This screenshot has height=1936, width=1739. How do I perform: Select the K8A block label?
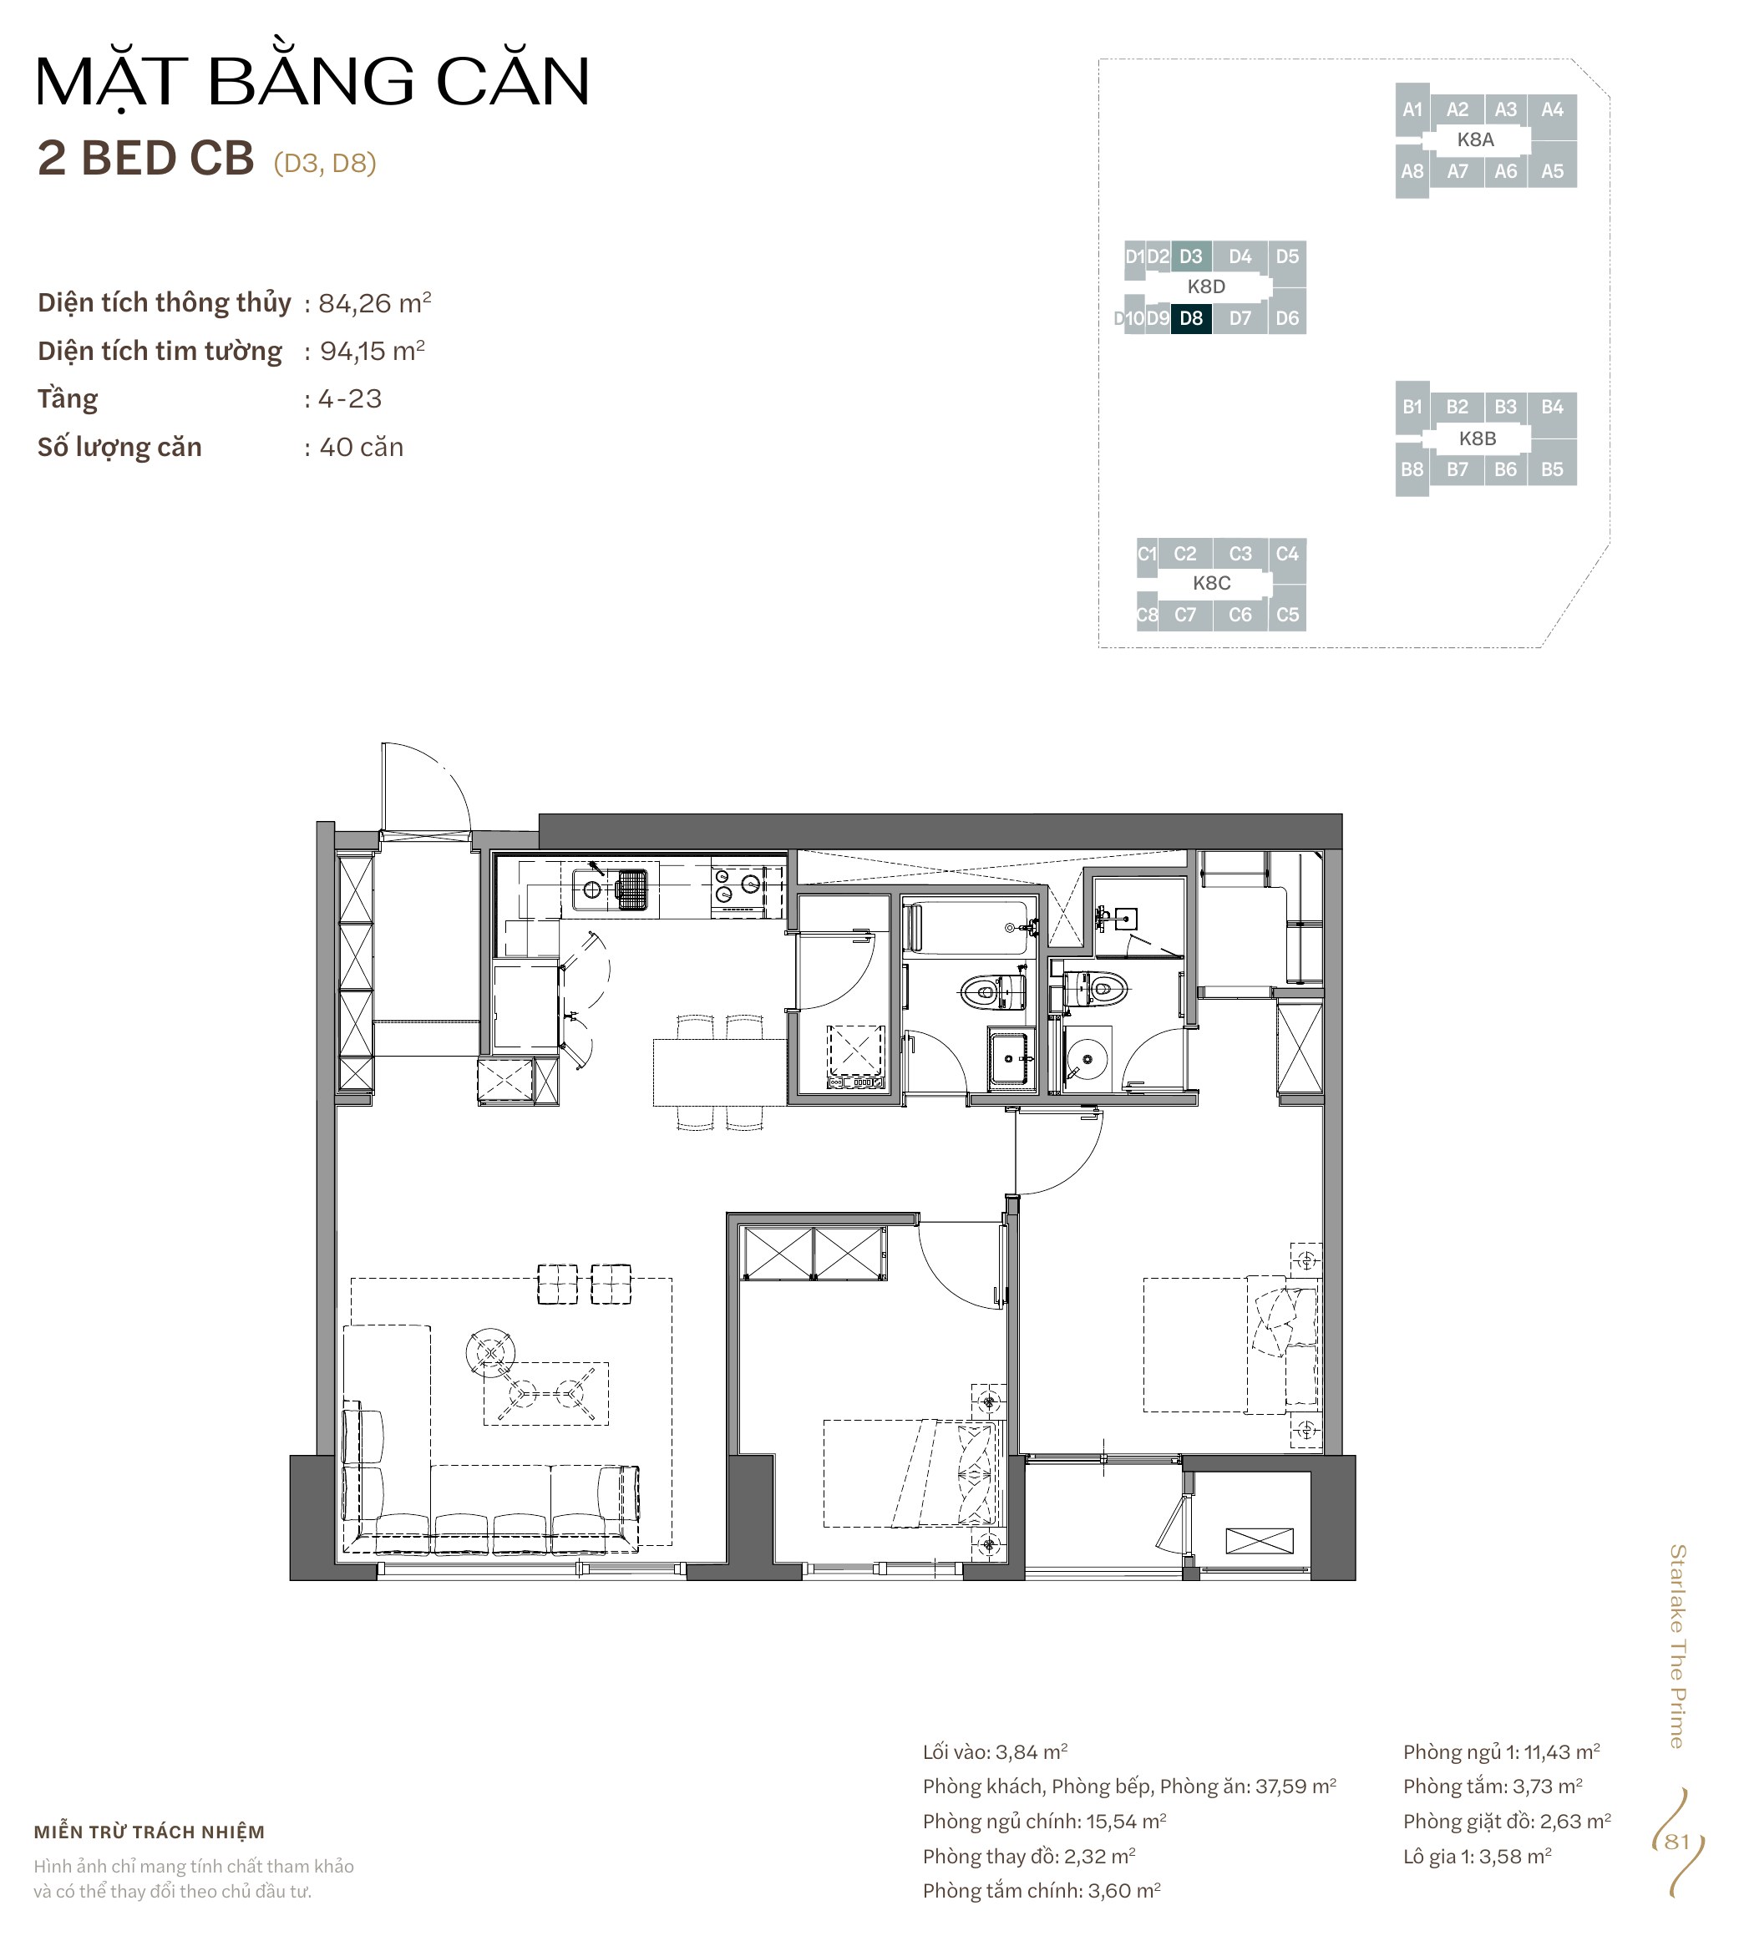tap(1475, 139)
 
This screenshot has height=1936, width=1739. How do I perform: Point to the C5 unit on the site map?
tap(1287, 615)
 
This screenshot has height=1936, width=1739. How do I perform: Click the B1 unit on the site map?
tap(1412, 407)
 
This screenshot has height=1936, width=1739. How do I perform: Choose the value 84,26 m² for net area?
tap(374, 303)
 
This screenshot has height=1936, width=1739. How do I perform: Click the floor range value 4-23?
tap(351, 398)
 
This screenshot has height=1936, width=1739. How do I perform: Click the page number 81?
tap(1677, 1842)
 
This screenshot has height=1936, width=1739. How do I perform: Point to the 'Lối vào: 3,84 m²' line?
tap(995, 1751)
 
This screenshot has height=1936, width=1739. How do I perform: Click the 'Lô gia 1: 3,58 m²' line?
tap(1478, 1856)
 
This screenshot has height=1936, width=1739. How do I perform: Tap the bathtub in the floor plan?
tap(969, 927)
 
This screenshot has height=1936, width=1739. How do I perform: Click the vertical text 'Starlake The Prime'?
tap(1677, 1645)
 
